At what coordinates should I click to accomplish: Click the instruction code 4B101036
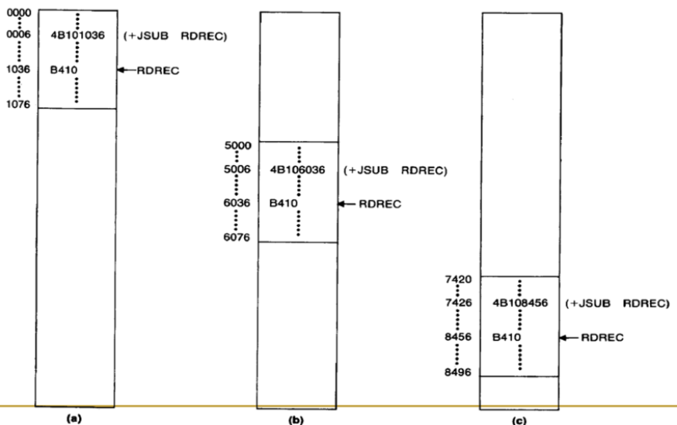(77, 35)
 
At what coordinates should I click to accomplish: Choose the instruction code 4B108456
(520, 303)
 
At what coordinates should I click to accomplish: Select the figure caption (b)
(297, 419)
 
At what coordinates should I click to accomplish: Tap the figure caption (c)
(520, 419)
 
